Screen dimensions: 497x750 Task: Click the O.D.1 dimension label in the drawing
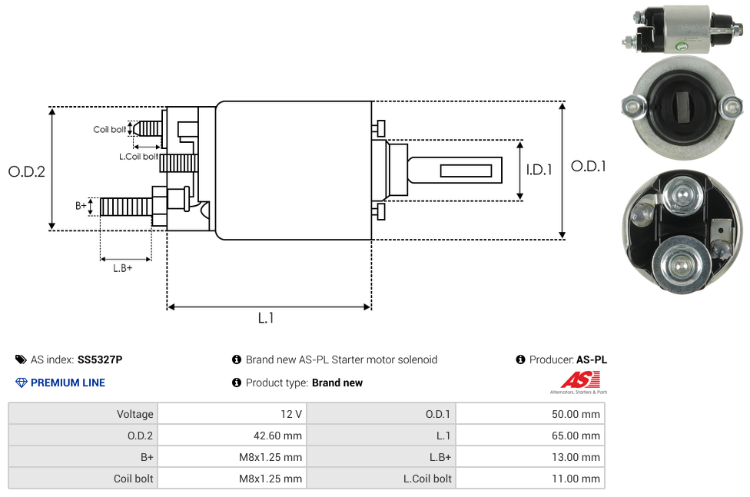pyautogui.click(x=589, y=166)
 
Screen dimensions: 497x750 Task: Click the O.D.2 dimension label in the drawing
pyautogui.click(x=27, y=171)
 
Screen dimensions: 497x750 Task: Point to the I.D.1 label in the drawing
pyautogui.click(x=539, y=171)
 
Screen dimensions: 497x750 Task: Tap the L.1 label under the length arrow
pyautogui.click(x=266, y=318)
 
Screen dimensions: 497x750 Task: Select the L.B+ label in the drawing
pyautogui.click(x=123, y=268)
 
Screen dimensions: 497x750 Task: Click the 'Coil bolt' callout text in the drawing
pyautogui.click(x=110, y=129)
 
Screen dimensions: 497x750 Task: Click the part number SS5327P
pyautogui.click(x=100, y=359)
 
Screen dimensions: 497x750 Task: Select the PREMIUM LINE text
pyautogui.click(x=68, y=383)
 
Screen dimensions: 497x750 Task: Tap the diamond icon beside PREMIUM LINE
pyautogui.click(x=22, y=383)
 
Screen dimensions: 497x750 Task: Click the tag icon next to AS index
pyautogui.click(x=21, y=359)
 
